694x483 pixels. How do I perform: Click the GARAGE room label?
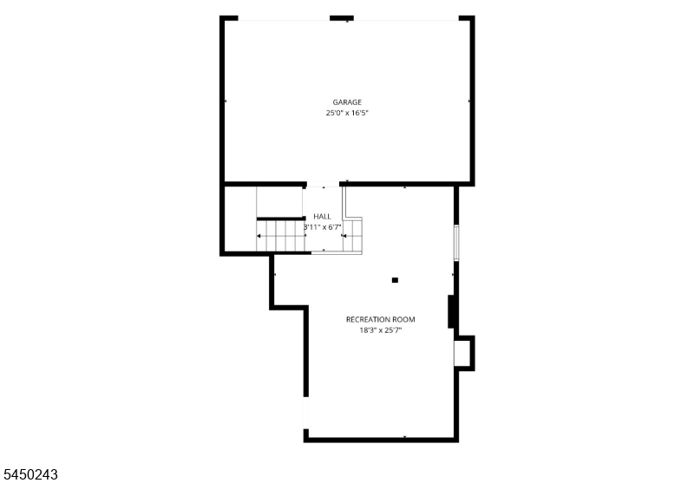[x=347, y=102]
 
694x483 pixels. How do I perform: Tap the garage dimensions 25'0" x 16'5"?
[x=347, y=113]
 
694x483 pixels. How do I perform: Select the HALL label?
[x=322, y=216]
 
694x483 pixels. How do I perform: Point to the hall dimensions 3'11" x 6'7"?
[x=323, y=227]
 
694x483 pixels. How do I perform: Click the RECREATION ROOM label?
[x=381, y=319]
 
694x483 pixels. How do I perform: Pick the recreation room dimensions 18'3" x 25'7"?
[x=381, y=330]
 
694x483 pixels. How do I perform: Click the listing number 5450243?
[x=29, y=474]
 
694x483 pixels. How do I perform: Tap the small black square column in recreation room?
[x=395, y=280]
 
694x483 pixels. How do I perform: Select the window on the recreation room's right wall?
[x=456, y=242]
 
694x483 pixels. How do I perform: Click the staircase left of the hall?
[x=280, y=236]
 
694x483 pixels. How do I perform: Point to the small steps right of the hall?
[x=353, y=235]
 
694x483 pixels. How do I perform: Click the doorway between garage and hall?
[x=323, y=184]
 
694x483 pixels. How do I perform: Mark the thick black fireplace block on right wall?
[x=451, y=312]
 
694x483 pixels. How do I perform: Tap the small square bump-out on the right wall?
[x=465, y=353]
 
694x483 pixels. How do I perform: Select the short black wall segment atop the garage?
[x=342, y=18]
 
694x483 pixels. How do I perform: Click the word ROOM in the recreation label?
[x=404, y=319]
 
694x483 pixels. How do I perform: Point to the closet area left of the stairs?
[x=240, y=219]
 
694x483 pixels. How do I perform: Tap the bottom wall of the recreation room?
[x=381, y=440]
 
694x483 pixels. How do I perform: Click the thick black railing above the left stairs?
[x=281, y=219]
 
